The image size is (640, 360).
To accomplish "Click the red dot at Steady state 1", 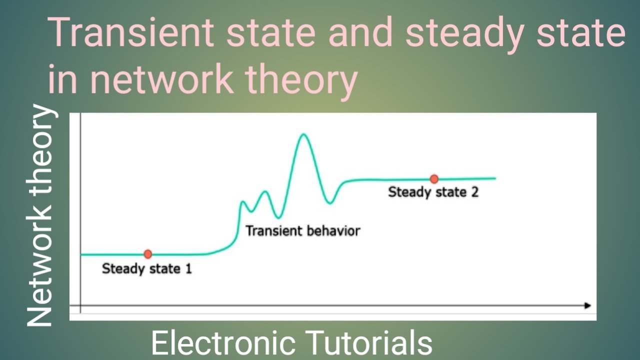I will pos(147,254).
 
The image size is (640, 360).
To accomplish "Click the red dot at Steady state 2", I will pos(434,179).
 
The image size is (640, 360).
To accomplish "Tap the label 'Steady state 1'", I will pos(146,269).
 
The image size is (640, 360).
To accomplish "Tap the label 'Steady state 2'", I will pos(433,192).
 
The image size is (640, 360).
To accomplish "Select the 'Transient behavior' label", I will pos(302,231).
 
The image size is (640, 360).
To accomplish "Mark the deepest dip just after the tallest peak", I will pos(329,202).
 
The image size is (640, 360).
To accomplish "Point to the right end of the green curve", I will pos(494,178).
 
